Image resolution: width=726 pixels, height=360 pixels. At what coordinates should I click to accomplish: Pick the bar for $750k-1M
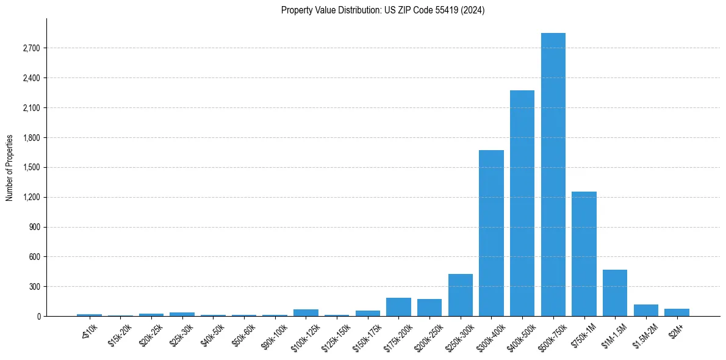(584, 254)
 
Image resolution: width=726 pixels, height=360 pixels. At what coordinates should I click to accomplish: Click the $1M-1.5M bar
(615, 293)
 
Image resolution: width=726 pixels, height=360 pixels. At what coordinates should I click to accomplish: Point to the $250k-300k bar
(461, 295)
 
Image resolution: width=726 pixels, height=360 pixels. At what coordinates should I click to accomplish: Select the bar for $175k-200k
(398, 307)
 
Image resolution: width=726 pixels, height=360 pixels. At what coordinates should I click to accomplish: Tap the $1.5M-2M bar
(646, 310)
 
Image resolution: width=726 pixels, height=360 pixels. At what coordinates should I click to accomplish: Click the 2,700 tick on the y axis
(31, 48)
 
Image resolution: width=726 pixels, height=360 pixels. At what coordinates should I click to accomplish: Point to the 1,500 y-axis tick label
(31, 168)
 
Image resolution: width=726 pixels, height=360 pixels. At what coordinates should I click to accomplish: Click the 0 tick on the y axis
(38, 317)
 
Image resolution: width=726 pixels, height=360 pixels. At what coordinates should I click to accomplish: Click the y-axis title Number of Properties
(10, 168)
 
